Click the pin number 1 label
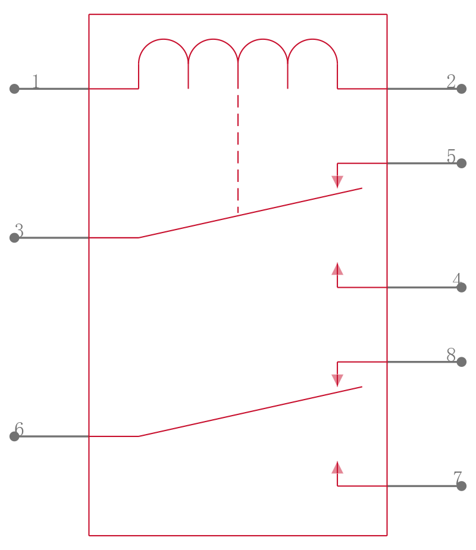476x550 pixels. point(36,81)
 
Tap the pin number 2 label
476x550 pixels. point(451,81)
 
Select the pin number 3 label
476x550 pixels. point(19,230)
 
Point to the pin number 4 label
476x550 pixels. point(456,279)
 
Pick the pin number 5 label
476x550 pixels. point(451,156)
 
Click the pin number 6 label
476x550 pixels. point(19,429)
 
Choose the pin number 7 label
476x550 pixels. point(457,478)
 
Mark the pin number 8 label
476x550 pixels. point(451,354)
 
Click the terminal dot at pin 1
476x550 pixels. point(14,89)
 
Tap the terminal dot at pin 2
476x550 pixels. point(462,89)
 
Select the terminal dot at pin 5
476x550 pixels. point(462,163)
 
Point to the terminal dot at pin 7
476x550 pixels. point(462,486)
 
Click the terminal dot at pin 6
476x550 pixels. point(14,436)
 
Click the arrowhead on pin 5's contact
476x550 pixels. point(337,182)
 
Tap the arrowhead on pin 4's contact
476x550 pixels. point(337,269)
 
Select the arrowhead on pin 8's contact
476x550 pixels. point(337,381)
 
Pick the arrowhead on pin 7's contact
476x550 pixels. point(337,467)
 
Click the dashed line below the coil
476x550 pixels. point(238,153)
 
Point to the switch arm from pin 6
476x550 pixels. point(250,411)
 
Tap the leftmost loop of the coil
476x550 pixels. point(163,64)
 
